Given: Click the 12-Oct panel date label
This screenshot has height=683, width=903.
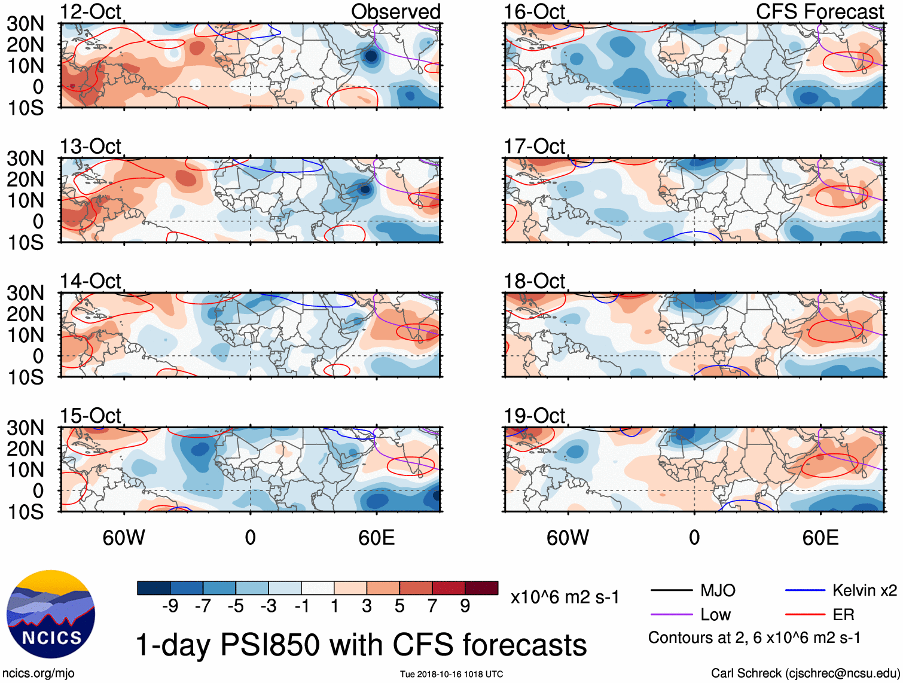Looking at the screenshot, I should click(90, 11).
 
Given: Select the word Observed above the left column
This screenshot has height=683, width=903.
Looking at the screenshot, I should click(395, 11).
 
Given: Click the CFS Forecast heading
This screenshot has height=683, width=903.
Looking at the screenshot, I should click(819, 11).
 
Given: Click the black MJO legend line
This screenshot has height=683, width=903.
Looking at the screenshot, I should click(671, 591).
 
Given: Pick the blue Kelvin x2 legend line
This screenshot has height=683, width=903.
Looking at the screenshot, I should click(805, 591).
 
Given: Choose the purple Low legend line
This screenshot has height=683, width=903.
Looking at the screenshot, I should click(671, 615).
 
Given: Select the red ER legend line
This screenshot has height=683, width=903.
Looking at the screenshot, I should click(805, 615).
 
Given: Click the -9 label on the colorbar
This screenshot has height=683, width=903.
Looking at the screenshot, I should click(170, 606).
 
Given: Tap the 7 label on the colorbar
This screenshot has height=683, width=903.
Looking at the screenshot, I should click(432, 606).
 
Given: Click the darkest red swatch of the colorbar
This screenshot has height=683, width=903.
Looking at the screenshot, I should click(481, 588).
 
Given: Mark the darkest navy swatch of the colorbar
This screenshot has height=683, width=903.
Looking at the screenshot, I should click(154, 588).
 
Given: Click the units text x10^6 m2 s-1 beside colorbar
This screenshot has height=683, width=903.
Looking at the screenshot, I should click(565, 597).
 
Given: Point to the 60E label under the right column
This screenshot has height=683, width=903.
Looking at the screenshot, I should click(820, 538).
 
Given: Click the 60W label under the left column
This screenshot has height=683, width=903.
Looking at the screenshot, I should click(124, 538).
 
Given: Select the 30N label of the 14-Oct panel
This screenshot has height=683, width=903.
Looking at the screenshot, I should click(25, 293).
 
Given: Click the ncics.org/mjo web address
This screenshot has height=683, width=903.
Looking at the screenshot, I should click(38, 673).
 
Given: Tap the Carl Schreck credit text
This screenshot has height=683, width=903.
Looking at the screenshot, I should click(805, 673).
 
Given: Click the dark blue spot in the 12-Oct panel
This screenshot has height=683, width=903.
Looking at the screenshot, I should click(371, 56).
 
